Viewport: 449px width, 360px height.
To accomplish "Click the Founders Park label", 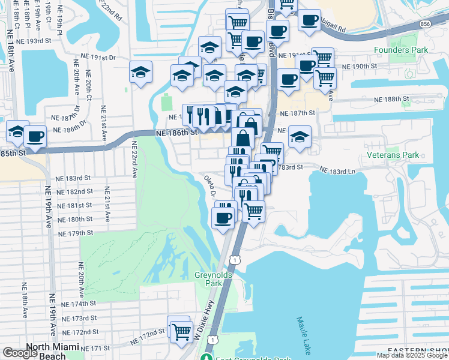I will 401,50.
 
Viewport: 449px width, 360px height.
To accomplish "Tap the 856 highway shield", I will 426,23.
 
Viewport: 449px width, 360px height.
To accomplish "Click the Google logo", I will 20,353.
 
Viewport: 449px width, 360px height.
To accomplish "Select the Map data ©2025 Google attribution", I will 412,355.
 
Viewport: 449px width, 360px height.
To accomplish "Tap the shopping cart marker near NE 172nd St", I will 181,330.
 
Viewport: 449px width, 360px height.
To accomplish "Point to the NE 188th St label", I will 390,98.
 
